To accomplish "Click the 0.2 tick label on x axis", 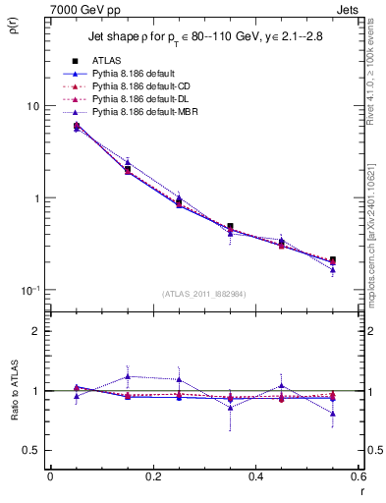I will point(152,476).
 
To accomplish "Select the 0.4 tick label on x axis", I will point(255,476).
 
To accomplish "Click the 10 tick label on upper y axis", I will point(31,106).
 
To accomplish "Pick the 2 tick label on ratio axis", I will point(34,331).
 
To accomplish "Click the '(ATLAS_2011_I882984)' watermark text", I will point(204,293).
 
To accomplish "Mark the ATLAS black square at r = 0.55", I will point(332,260).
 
